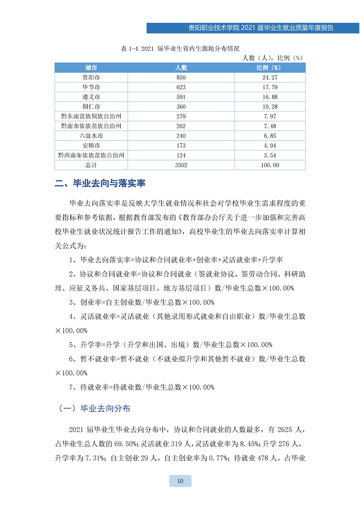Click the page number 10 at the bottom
pos(180,481)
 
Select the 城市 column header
pos(91,67)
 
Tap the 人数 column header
pos(181,67)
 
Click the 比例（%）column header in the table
pos(270,67)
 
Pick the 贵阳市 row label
pos(91,77)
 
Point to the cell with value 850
pos(181,77)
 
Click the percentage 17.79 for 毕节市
pos(270,87)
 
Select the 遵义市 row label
pos(91,97)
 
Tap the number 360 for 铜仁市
pos(181,107)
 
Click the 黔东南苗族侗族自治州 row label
pos(91,117)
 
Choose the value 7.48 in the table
pos(270,126)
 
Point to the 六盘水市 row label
pos(91,136)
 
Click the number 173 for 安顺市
pos(181,146)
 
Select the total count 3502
pos(181,166)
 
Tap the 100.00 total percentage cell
pos(270,166)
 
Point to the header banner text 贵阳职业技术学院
pos(212,28)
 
